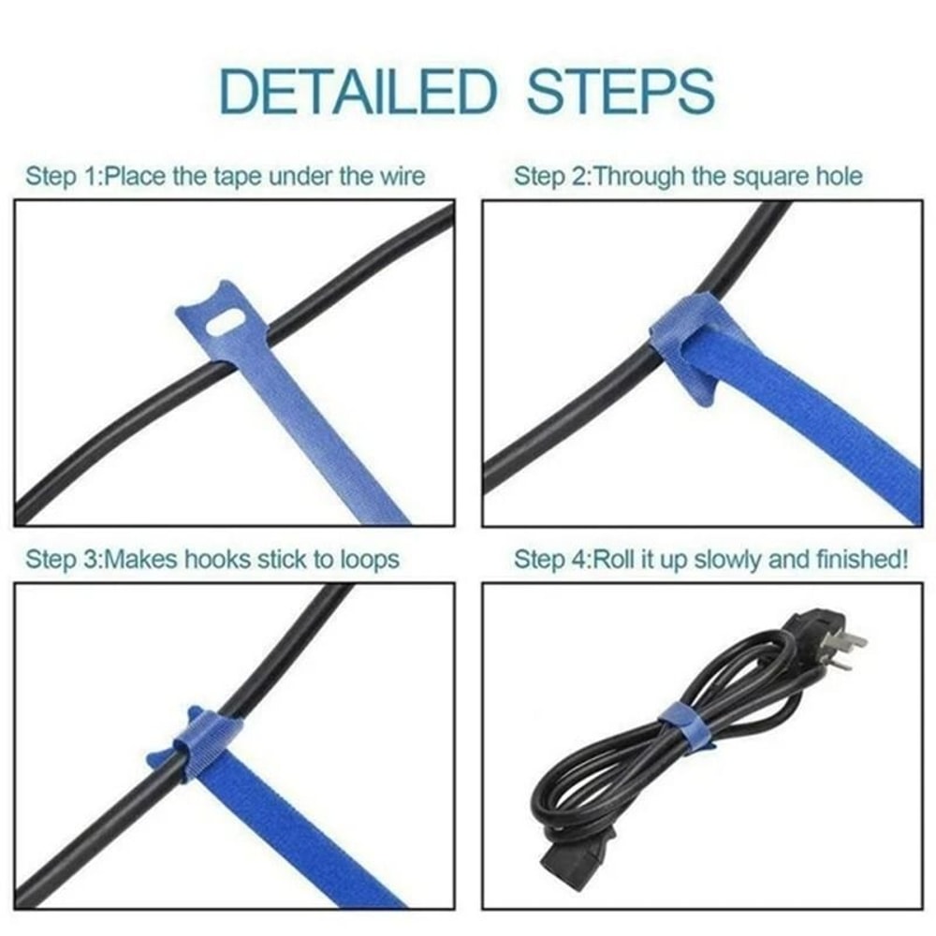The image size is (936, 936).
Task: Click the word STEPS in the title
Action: click(621, 92)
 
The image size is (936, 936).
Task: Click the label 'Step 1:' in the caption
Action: click(61, 176)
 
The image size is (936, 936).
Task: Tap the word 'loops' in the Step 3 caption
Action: click(369, 560)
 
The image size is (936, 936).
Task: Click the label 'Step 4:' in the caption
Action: click(550, 560)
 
